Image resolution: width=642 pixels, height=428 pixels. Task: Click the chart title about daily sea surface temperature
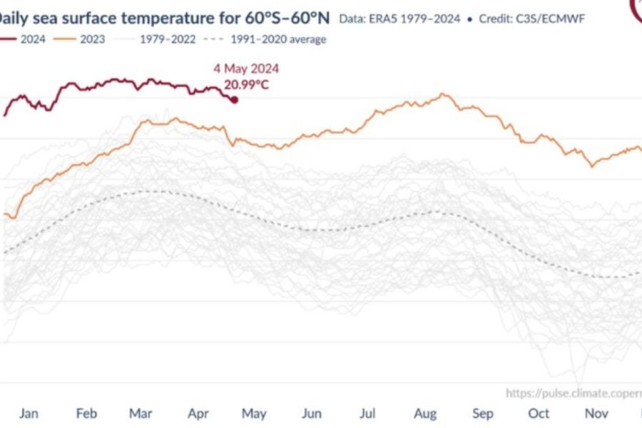pos(165,15)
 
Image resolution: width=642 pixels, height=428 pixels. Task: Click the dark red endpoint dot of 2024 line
pos(234,99)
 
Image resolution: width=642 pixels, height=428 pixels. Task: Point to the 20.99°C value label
pos(246,85)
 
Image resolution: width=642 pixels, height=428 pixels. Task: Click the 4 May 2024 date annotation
pos(246,69)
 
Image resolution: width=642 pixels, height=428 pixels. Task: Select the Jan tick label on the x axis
pos(29,414)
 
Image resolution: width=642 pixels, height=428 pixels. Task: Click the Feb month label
pos(86,414)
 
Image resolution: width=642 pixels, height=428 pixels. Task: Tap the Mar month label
pos(141,414)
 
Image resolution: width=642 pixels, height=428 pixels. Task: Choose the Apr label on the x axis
pos(198,414)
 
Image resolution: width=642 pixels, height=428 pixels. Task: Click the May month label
pos(255,414)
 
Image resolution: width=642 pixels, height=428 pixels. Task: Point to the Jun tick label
pos(311,414)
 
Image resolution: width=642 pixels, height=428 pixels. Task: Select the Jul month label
pos(367,414)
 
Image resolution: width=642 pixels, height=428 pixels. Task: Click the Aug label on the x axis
pos(425,414)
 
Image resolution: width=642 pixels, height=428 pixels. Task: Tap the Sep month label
pos(482,414)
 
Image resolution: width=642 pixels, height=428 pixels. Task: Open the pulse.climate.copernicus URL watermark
pos(574,393)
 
